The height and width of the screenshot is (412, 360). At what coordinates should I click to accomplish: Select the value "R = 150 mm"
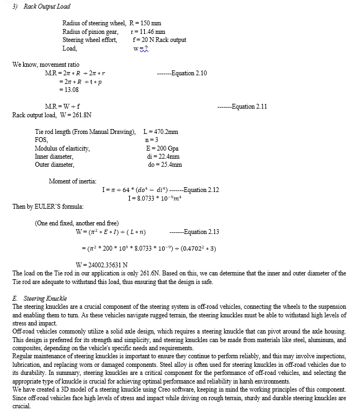[x=145, y=23]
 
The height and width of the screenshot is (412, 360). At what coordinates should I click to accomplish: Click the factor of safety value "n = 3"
[x=151, y=140]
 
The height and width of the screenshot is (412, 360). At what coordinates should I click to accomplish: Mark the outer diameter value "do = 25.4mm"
[x=165, y=165]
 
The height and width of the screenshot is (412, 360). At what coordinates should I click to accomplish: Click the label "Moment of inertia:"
[x=73, y=181]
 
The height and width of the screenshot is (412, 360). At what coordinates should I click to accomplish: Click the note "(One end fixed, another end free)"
[x=76, y=223]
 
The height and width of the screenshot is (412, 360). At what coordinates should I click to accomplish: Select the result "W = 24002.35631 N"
[x=103, y=265]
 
